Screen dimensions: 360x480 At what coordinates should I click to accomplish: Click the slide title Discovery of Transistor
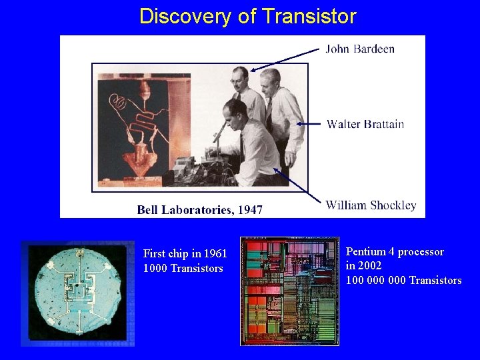point(247,17)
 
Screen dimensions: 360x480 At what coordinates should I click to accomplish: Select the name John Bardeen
point(360,49)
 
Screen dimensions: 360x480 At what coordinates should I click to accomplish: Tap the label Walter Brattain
point(365,124)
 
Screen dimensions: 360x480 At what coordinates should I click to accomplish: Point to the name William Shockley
point(371,205)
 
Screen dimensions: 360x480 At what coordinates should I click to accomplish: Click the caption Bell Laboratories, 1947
point(199,210)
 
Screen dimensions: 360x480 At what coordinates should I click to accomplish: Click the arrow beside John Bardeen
point(285,59)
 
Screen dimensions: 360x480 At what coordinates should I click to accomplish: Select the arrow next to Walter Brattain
point(309,123)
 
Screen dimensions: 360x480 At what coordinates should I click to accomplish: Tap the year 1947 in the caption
point(250,210)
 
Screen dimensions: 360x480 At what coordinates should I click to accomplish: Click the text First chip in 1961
point(185,254)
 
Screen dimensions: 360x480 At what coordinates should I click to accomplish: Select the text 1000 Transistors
point(183,268)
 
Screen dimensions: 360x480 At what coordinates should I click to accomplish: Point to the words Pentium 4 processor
point(395,252)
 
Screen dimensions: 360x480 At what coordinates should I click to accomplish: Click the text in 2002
point(363,265)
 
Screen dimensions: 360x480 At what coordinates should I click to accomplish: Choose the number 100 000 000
point(375,280)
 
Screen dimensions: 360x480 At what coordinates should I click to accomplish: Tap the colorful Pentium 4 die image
point(290,291)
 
